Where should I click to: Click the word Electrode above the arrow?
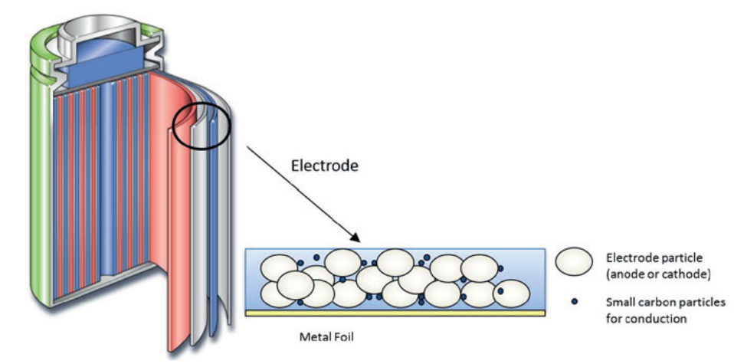[324, 165]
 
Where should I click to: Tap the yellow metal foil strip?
[395, 313]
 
